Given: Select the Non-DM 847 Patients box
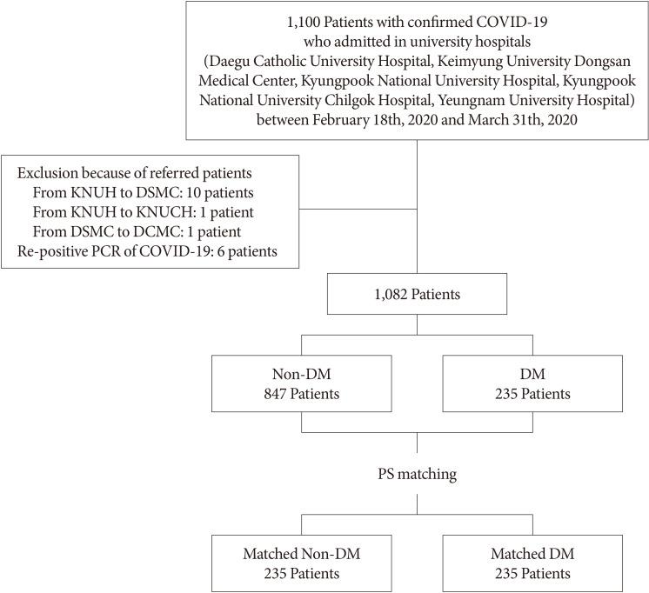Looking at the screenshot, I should point(302,384).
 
